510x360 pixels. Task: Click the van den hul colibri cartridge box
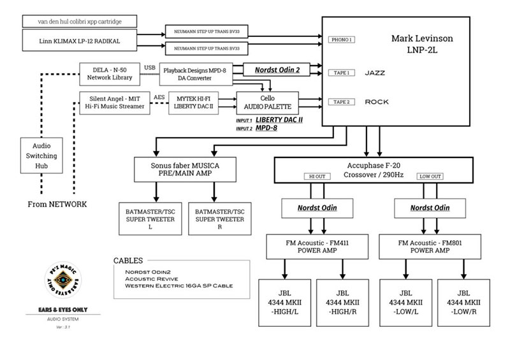tap(80, 22)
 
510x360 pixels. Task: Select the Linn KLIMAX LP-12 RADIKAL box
tap(80, 41)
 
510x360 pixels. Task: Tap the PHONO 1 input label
tap(342, 40)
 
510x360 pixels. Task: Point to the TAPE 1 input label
tap(342, 73)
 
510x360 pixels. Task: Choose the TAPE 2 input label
tap(342, 102)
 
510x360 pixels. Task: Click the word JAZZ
tap(375, 73)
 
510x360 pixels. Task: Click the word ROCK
tap(376, 102)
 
